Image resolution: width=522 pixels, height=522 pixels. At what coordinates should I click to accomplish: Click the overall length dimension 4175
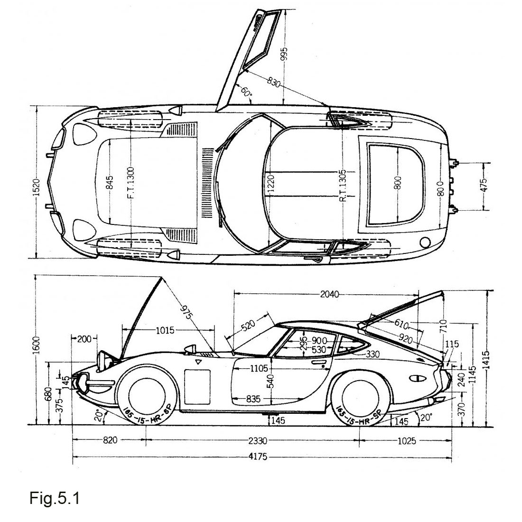tap(257, 457)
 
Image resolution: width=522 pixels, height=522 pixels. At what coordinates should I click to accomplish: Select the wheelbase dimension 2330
tap(257, 441)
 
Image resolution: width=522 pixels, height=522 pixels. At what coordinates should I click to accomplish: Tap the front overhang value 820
tap(110, 441)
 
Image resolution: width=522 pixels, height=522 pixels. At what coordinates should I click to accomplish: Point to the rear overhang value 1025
tap(406, 441)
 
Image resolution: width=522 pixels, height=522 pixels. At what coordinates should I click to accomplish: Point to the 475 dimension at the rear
tap(484, 184)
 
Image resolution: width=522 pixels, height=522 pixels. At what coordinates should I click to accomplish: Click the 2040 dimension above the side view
tap(329, 294)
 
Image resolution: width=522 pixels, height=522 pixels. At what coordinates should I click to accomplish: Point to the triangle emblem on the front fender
tap(198, 362)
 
